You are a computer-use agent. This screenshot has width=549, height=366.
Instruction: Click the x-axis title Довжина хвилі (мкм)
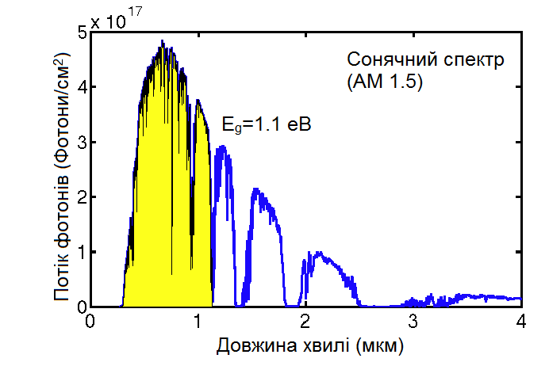pos(305,347)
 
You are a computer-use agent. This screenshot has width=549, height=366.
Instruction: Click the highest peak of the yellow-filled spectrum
pos(162,42)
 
